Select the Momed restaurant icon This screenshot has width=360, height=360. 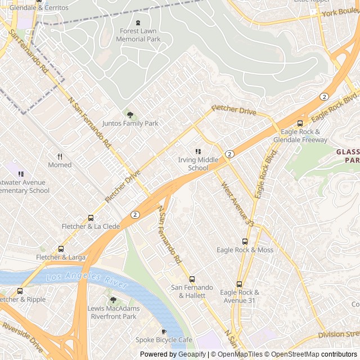tap(60, 156)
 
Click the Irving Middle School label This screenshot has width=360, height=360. tap(197, 164)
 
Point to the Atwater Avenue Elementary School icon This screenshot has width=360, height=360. tap(21, 174)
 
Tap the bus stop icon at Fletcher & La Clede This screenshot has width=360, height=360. tap(91, 218)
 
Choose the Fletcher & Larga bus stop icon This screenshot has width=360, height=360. tap(61, 249)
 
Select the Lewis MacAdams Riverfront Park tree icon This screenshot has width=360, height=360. tap(112, 300)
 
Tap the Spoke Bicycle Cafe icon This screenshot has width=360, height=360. tap(164, 332)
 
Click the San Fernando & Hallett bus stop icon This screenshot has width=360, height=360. tap(192, 279)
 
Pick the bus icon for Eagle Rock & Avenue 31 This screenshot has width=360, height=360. tap(240, 284)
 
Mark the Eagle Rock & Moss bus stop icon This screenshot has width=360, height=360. tap(245, 241)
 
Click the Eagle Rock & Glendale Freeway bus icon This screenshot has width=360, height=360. tap(300, 123)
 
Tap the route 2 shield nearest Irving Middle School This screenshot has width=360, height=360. tap(229, 154)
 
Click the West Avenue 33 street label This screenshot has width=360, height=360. tap(237, 204)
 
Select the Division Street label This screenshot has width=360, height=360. tap(338, 335)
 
